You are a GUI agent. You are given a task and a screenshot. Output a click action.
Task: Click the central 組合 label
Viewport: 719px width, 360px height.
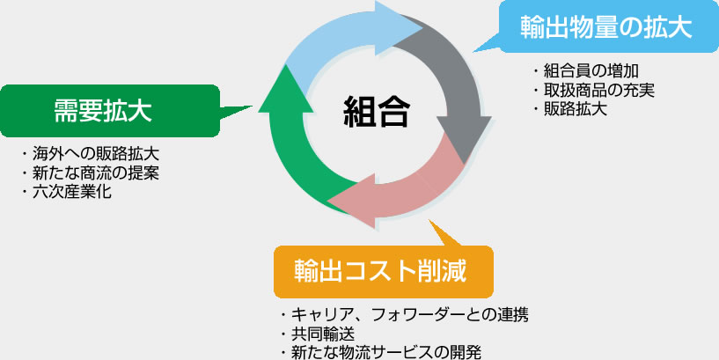click(377, 111)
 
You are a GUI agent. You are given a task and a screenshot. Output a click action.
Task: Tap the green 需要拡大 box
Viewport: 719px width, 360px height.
click(110, 111)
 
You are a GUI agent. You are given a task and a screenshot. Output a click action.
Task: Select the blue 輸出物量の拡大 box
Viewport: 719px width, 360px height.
click(609, 26)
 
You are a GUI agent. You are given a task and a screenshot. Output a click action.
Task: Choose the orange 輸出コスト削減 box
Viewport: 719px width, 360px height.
click(384, 272)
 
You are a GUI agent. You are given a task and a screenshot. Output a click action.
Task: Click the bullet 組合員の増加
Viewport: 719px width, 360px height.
click(586, 71)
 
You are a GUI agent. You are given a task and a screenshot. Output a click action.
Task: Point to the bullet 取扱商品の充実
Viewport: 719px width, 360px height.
click(594, 90)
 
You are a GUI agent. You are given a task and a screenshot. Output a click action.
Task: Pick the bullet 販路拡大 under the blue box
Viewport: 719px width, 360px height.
click(570, 108)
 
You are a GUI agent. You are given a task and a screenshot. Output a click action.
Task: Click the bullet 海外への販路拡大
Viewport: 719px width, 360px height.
click(91, 154)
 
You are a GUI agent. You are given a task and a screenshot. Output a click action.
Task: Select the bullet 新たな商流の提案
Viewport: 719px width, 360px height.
click(91, 173)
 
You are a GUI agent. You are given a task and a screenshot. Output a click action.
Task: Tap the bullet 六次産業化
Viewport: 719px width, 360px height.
click(67, 191)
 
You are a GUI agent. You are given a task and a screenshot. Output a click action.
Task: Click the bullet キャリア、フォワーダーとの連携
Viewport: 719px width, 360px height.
click(405, 315)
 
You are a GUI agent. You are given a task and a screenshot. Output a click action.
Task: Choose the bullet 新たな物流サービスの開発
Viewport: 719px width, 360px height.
click(381, 352)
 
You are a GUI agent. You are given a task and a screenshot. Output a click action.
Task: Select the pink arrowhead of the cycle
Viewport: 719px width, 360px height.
click(352, 201)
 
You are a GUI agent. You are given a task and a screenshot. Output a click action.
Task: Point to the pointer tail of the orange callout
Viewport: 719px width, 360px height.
click(443, 235)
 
